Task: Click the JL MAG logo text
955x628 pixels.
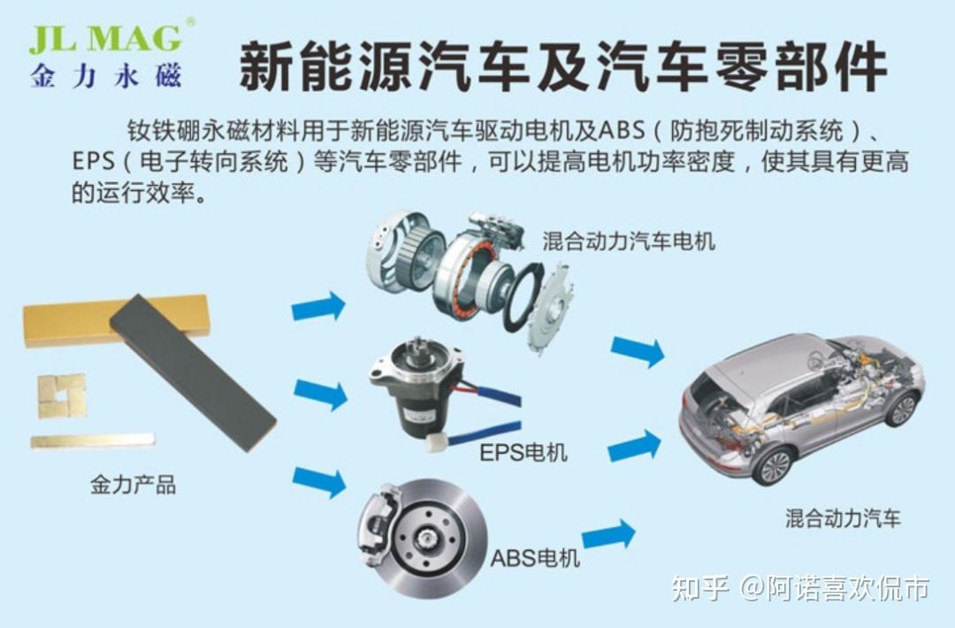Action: pos(106,39)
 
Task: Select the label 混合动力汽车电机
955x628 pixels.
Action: pos(629,241)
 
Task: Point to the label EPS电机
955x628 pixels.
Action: pos(523,453)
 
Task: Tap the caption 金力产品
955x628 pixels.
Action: pos(133,484)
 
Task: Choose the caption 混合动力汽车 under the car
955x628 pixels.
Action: pos(843,518)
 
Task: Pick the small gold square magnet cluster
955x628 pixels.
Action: pos(62,394)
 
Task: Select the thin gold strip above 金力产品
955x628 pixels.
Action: pos(92,440)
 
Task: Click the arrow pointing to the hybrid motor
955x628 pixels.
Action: pos(318,307)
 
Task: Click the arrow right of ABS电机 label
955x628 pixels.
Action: pos(609,534)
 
